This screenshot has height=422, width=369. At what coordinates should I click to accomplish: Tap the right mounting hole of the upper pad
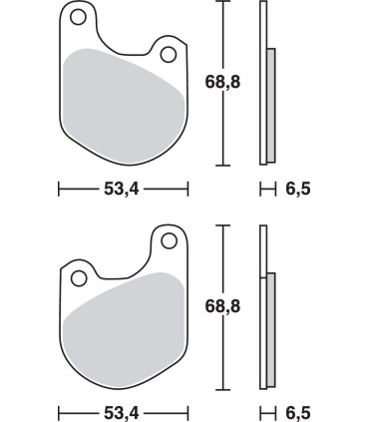tap(168, 52)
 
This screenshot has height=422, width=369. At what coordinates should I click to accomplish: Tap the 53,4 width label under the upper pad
tap(124, 187)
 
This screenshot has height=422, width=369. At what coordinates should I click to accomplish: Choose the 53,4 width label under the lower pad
tap(124, 411)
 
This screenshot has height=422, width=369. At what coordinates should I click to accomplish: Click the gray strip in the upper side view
tap(270, 105)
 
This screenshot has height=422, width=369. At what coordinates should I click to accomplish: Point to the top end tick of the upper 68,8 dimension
tap(224, 3)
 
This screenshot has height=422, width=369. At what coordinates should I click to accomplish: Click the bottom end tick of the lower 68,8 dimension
tap(223, 390)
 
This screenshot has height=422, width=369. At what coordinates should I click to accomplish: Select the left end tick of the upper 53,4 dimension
tap(59, 187)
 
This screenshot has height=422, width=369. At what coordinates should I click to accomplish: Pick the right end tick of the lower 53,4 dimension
tap(187, 411)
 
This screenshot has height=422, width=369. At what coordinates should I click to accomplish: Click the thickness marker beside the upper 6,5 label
tap(266, 187)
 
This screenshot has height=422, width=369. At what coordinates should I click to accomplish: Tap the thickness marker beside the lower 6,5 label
tap(266, 411)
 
